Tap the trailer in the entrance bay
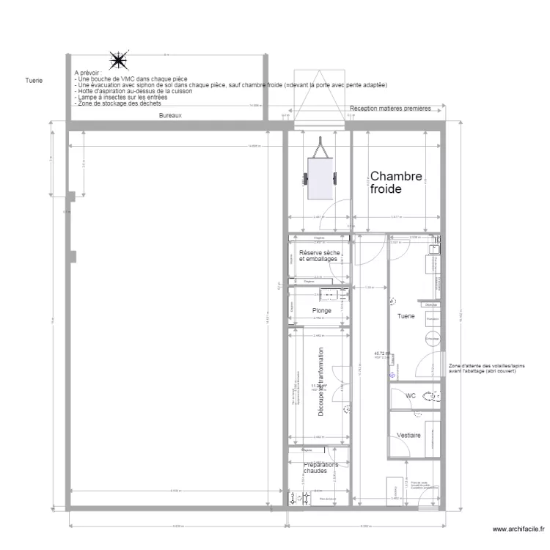pyautogui.click(x=320, y=174)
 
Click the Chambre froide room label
pyautogui.click(x=396, y=182)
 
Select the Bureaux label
pyautogui.click(x=170, y=116)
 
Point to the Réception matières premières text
pyautogui.click(x=395, y=109)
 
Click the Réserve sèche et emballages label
pyautogui.click(x=318, y=256)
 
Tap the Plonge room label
pyautogui.click(x=322, y=310)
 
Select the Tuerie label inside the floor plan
pyautogui.click(x=406, y=317)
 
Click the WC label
pyautogui.click(x=411, y=396)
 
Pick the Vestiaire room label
pyautogui.click(x=408, y=436)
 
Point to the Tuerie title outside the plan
pyautogui.click(x=34, y=81)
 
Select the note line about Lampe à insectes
pyautogui.click(x=121, y=97)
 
